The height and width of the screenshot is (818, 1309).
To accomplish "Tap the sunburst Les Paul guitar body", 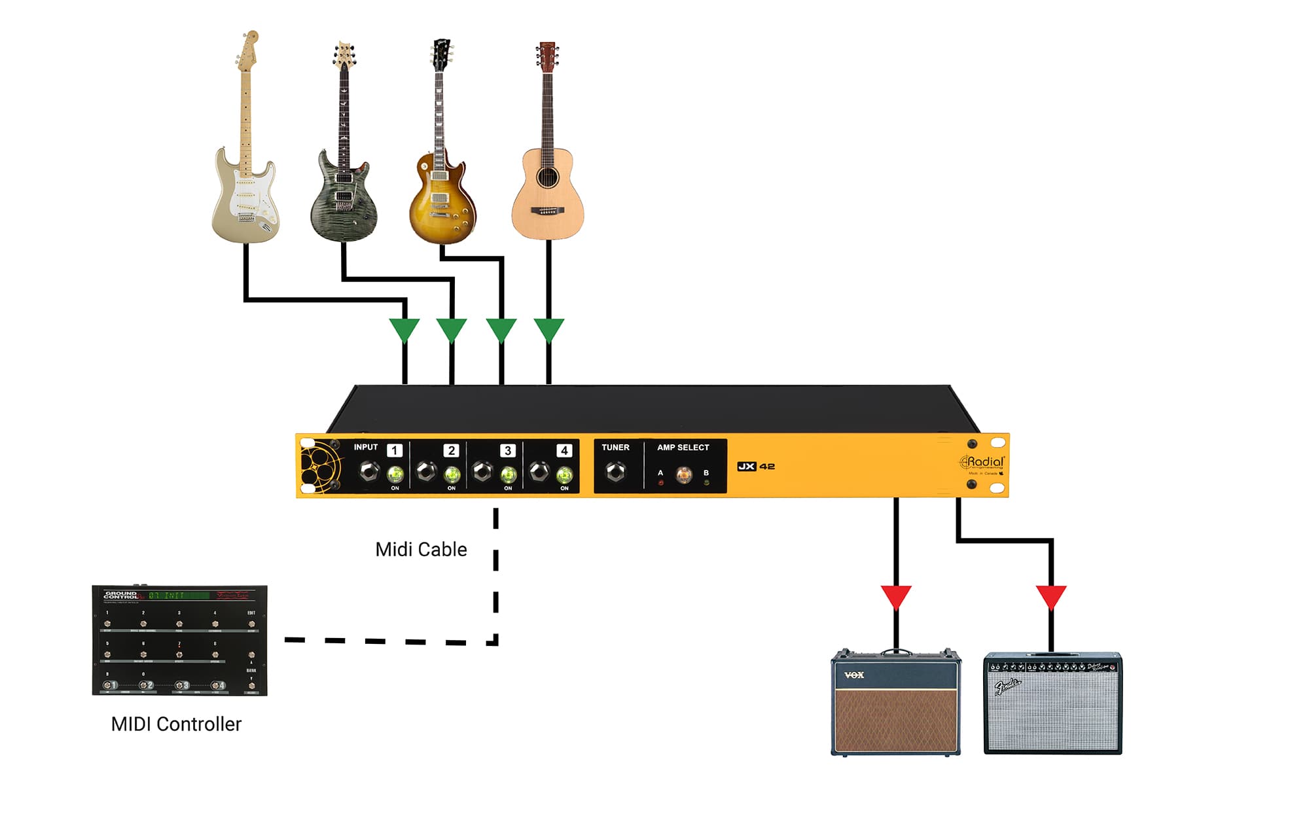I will (x=441, y=203).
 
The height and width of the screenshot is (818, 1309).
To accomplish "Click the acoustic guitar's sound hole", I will (x=547, y=177).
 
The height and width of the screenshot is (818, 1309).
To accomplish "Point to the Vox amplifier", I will (x=895, y=703).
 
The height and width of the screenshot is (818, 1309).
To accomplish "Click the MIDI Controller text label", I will (x=176, y=724).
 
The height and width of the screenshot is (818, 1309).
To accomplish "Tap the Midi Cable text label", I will (x=421, y=549).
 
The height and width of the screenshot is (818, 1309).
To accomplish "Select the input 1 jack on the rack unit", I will (x=369, y=471).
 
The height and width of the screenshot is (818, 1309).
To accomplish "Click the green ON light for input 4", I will (x=564, y=474).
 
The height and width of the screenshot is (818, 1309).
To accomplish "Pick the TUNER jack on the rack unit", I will (x=615, y=471).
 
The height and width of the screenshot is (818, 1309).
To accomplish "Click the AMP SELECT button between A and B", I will (x=683, y=474).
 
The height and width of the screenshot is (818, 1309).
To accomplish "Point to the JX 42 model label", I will (x=756, y=467).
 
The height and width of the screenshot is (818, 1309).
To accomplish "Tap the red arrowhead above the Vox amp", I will (x=896, y=596).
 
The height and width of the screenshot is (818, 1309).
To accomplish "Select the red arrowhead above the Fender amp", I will (x=1051, y=596).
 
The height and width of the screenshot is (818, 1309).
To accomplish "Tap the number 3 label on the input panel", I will (x=507, y=451).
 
